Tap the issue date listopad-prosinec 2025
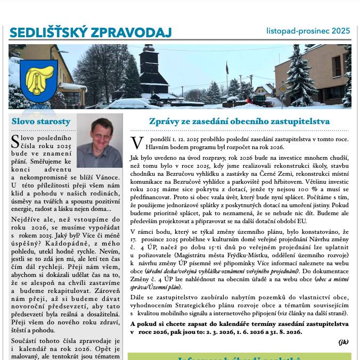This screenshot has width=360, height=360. coord(308,31)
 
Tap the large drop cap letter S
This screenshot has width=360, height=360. coord(16,141)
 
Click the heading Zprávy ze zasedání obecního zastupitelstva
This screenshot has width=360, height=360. coord(239,121)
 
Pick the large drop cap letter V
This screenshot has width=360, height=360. coord(136,142)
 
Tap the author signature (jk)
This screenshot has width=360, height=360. coord(343,342)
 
